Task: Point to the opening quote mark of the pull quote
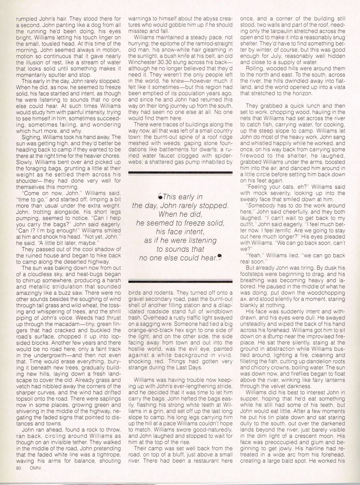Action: coord(160,196)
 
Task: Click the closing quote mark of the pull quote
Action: coord(220,258)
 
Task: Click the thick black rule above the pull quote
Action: coord(180,172)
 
